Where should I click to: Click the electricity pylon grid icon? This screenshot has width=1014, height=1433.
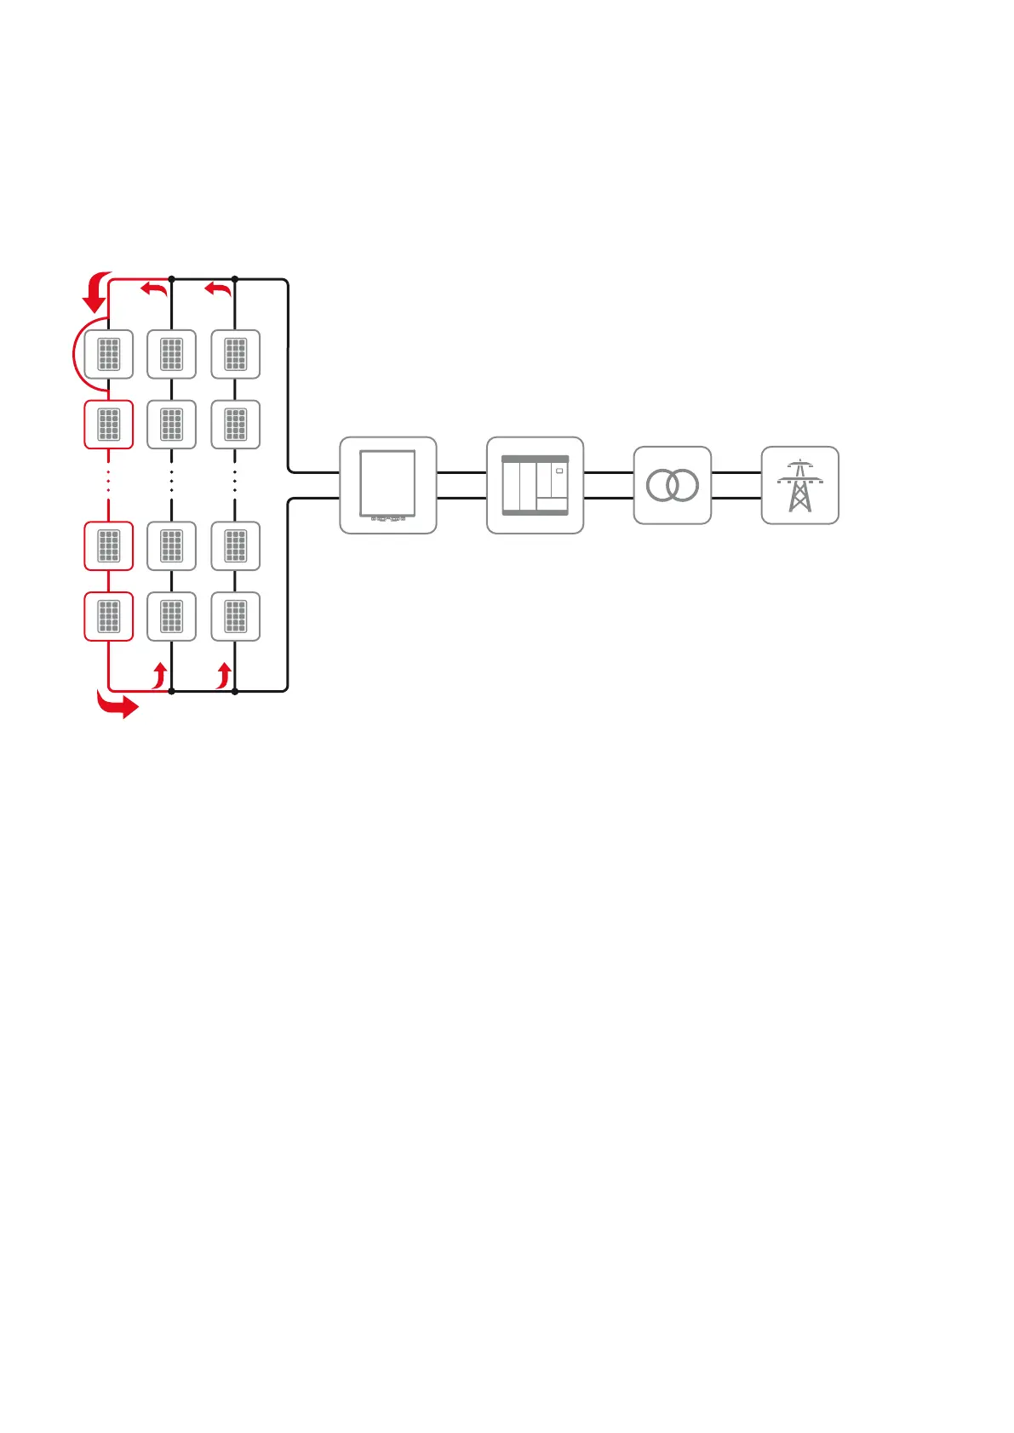pyautogui.click(x=799, y=485)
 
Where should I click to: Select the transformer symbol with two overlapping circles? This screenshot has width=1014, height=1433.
pyautogui.click(x=672, y=485)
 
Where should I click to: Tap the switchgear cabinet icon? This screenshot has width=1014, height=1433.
pyautogui.click(x=535, y=485)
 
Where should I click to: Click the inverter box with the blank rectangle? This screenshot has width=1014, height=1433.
pyautogui.click(x=388, y=485)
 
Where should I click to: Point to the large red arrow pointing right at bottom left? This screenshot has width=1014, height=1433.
pyautogui.click(x=117, y=705)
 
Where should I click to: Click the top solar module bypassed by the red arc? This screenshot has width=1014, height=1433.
pyautogui.click(x=109, y=354)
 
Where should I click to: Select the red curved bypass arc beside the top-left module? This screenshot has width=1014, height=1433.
pyautogui.click(x=76, y=355)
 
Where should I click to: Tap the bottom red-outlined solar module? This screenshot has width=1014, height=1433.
pyautogui.click(x=109, y=616)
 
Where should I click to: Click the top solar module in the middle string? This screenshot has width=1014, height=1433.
pyautogui.click(x=172, y=354)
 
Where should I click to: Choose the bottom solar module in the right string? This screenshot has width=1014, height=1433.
pyautogui.click(x=235, y=616)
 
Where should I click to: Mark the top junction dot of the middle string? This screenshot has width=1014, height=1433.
pyautogui.click(x=172, y=279)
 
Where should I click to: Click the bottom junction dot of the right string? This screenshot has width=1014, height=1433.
pyautogui.click(x=235, y=691)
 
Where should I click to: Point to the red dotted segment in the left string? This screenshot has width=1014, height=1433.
pyautogui.click(x=109, y=481)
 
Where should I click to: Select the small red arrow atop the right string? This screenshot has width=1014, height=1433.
pyautogui.click(x=218, y=289)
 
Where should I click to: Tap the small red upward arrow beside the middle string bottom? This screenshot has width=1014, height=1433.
pyautogui.click(x=159, y=676)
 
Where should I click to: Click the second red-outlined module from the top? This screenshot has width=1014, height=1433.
pyautogui.click(x=109, y=424)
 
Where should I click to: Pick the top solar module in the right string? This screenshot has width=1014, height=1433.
pyautogui.click(x=235, y=354)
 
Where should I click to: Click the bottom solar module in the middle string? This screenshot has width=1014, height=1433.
pyautogui.click(x=172, y=616)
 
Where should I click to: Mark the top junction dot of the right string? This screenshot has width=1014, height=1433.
pyautogui.click(x=235, y=279)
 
